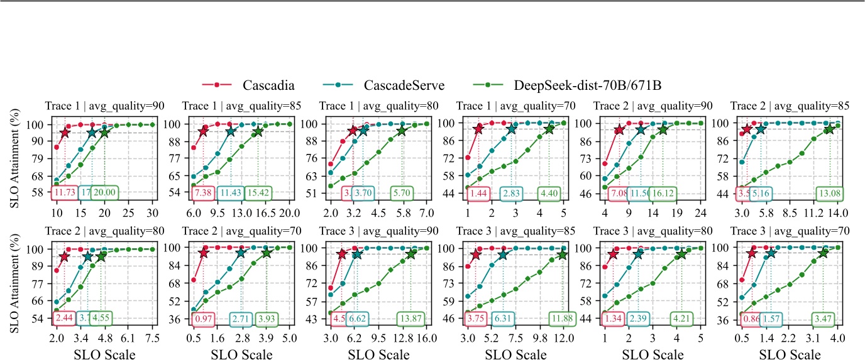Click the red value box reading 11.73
pyautogui.click(x=64, y=191)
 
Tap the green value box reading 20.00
pyautogui.click(x=104, y=191)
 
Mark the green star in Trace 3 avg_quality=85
pyautogui.click(x=563, y=254)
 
